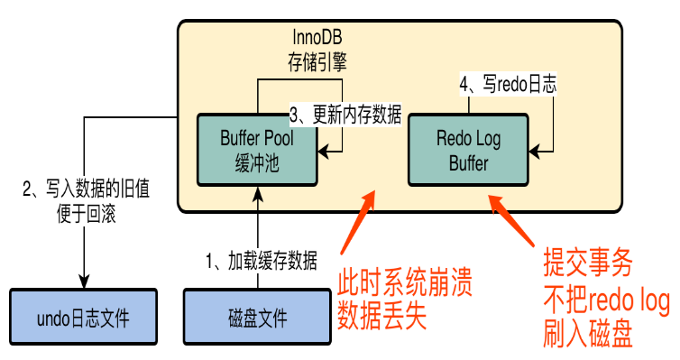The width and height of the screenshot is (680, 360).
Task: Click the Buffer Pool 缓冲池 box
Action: point(257,150)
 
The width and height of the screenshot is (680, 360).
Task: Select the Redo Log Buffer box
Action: point(468,150)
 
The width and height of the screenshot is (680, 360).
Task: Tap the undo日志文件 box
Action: point(83,317)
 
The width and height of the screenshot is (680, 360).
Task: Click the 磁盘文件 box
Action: point(257,317)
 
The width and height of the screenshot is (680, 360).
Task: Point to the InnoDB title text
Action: point(317,37)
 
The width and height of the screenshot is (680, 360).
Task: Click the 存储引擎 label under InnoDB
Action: point(317,62)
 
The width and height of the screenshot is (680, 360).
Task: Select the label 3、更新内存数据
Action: point(345,115)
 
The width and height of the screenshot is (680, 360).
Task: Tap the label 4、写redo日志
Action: point(508,84)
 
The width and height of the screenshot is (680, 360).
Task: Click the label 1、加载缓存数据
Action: point(261,261)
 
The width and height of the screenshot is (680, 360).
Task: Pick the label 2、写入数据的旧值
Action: point(87,189)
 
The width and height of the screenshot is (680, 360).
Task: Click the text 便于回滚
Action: point(87,214)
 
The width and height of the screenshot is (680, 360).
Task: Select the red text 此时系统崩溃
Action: point(405,282)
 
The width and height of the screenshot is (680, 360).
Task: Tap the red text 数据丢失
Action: point(382,316)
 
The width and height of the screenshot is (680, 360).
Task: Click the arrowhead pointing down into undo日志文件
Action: point(84,282)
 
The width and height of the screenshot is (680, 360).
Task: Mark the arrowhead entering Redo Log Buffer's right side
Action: point(535,152)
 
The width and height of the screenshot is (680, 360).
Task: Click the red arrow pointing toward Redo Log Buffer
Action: point(512,221)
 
